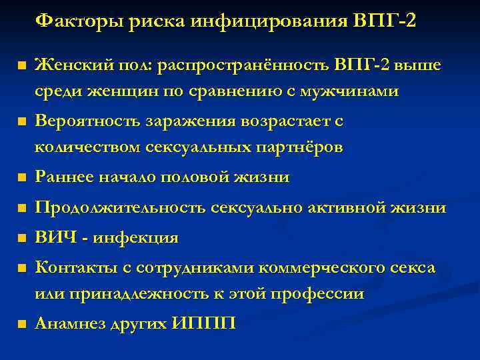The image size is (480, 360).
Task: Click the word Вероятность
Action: click(84, 121)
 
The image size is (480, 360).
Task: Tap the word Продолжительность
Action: click(121, 209)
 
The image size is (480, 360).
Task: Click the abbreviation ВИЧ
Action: click(51, 238)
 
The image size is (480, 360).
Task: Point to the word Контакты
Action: click(69, 267)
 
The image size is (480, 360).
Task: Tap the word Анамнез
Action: click(67, 325)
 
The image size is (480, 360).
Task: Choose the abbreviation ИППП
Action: click(203, 325)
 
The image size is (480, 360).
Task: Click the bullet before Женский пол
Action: click(21, 66)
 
